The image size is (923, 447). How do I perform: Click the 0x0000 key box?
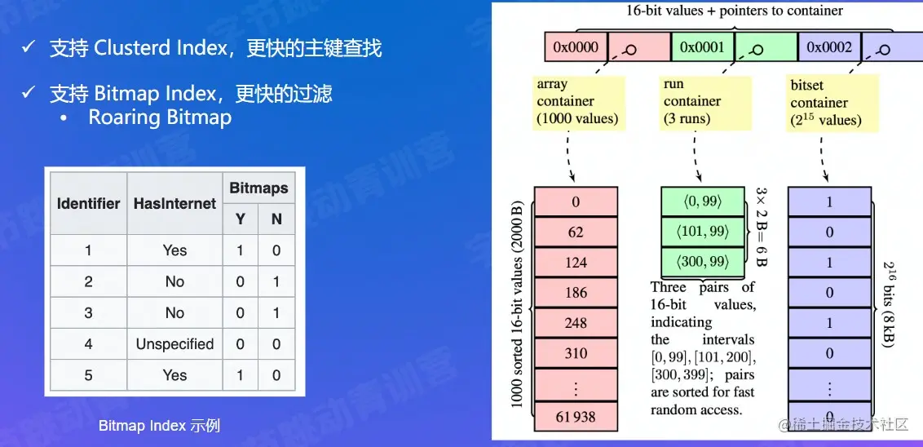(576, 47)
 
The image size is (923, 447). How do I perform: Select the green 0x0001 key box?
(702, 47)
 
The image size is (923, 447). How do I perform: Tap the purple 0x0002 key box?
(829, 47)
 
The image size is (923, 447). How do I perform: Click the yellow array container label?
(577, 101)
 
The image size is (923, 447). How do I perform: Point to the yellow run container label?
(692, 101)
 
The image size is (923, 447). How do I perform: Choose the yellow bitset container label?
(825, 103)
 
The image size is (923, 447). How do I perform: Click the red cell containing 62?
(576, 232)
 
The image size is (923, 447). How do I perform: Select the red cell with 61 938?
(576, 417)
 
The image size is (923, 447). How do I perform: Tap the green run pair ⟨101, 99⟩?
(702, 232)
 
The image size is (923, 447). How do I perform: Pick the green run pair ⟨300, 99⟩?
(702, 262)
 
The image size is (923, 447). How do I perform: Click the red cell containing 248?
(576, 323)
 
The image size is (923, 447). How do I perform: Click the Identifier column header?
(88, 203)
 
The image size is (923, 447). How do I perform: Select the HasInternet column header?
(174, 203)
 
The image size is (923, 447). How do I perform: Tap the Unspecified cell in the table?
(174, 344)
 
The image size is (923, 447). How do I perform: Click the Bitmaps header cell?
(258, 188)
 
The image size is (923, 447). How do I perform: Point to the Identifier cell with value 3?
(88, 313)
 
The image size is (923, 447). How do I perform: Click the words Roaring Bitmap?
(160, 117)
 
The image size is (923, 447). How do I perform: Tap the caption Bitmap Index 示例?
(159, 426)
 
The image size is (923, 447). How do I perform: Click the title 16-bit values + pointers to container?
(734, 11)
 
